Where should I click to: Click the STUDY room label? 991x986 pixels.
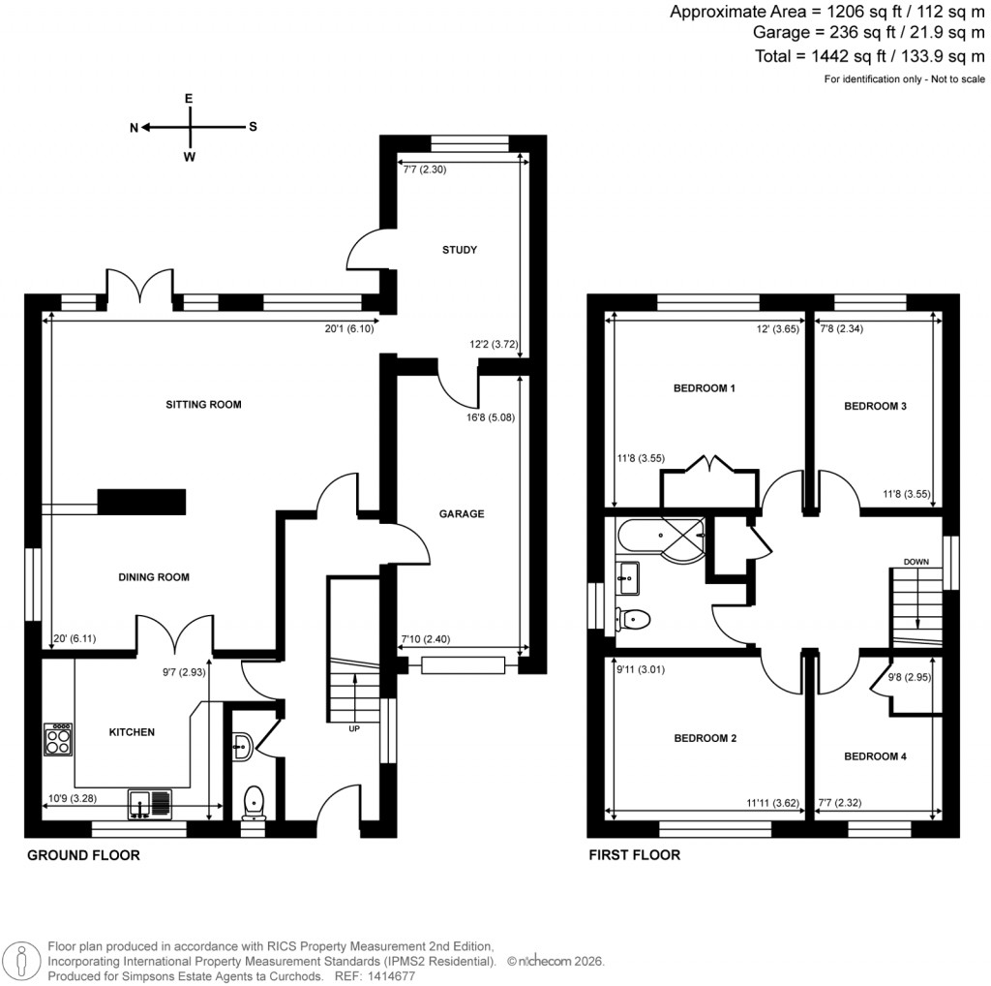(460, 250)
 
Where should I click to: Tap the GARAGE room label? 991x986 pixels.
(462, 513)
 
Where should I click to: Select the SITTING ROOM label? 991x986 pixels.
(203, 404)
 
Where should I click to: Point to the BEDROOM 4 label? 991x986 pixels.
(875, 755)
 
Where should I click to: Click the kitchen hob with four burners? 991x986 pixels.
(58, 741)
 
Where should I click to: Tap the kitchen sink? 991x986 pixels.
(149, 803)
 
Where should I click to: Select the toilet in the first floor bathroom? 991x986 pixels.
(634, 617)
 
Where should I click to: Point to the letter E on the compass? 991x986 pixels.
(190, 99)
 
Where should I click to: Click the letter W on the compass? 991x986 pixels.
(190, 157)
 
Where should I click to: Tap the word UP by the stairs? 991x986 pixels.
(354, 729)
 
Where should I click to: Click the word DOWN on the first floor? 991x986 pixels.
(917, 562)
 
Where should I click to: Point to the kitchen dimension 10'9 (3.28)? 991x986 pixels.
(72, 800)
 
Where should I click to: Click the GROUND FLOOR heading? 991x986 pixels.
(83, 855)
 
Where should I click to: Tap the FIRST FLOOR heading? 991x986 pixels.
(634, 855)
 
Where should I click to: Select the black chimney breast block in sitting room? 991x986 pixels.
(141, 503)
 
